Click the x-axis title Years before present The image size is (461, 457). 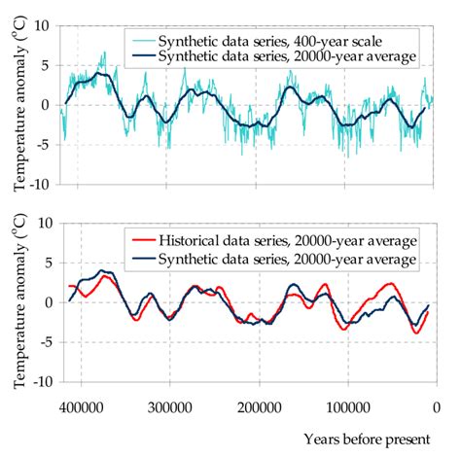[x=366, y=439]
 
